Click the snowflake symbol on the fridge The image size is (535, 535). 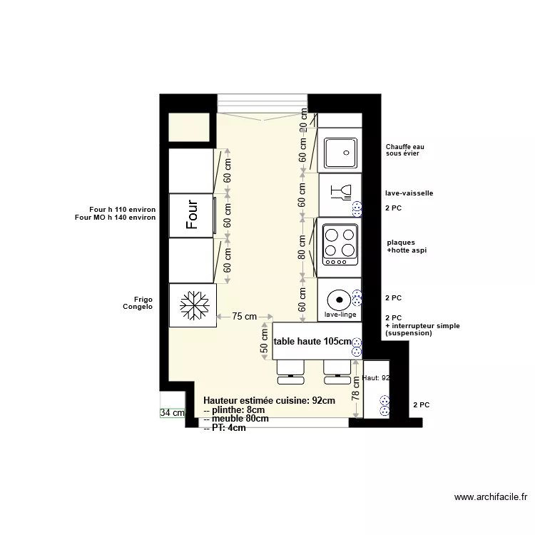click(193, 305)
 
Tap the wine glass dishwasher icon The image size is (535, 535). click(340, 193)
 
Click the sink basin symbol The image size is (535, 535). click(342, 151)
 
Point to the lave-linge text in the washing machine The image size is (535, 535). click(340, 314)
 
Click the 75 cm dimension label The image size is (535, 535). click(245, 317)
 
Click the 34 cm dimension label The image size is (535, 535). click(172, 412)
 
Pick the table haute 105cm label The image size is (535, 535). click(312, 342)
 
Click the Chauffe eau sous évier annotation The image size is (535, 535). click(404, 150)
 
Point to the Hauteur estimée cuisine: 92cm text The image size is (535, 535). click(269, 401)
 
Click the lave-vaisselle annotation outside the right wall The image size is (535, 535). click(409, 193)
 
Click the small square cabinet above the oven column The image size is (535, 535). click(188, 128)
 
